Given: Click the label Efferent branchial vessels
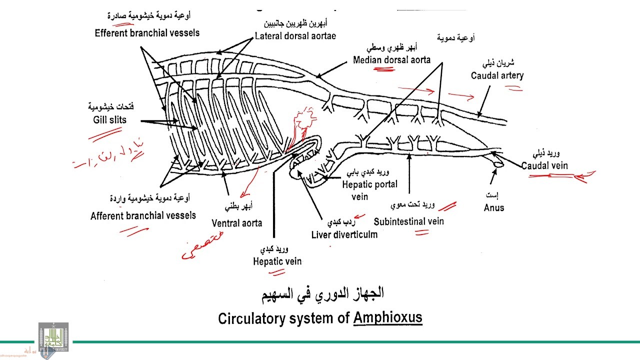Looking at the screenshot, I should pyautogui.click(x=147, y=33).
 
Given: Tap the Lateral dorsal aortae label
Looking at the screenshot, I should pyautogui.click(x=295, y=36).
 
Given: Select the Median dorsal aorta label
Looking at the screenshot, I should pyautogui.click(x=391, y=60).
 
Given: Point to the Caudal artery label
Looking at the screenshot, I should pyautogui.click(x=497, y=75).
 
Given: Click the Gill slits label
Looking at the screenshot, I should pyautogui.click(x=109, y=119).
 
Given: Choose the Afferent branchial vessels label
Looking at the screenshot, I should pyautogui.click(x=143, y=215).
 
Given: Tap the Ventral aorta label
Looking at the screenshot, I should pyautogui.click(x=236, y=223).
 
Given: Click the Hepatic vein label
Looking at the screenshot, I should pyautogui.click(x=277, y=261).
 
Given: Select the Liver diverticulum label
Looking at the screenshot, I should pyautogui.click(x=344, y=234).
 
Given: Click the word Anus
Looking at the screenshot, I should pyautogui.click(x=493, y=207).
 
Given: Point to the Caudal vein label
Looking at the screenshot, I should pyautogui.click(x=544, y=165).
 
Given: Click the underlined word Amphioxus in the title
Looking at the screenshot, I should pyautogui.click(x=387, y=317).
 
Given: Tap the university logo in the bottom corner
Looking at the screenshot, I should pyautogui.click(x=53, y=337).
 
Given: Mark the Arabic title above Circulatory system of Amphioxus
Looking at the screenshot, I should pyautogui.click(x=322, y=293).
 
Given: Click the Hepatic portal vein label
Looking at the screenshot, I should pyautogui.click(x=369, y=190).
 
